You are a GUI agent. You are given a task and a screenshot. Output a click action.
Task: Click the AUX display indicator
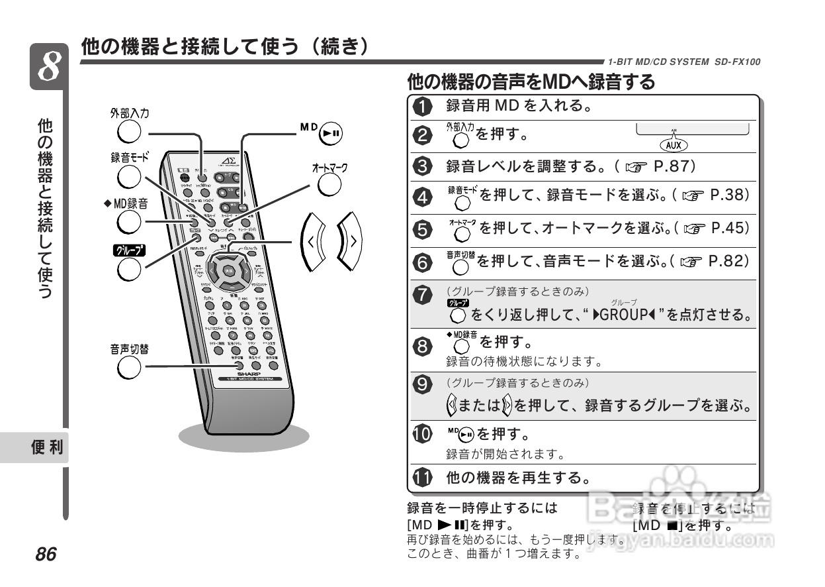[674, 144]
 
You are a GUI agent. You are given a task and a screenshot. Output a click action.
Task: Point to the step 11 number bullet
[422, 477]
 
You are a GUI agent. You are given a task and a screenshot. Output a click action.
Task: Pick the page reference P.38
[729, 195]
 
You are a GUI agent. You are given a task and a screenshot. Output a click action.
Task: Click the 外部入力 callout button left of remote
[128, 132]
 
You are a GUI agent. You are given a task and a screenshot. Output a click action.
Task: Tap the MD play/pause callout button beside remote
[330, 133]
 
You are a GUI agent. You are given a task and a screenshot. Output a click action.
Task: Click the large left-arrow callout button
[311, 242]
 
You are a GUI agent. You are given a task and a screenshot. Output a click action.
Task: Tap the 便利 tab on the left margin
[47, 448]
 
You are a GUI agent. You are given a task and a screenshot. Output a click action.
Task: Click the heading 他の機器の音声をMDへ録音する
[531, 82]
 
